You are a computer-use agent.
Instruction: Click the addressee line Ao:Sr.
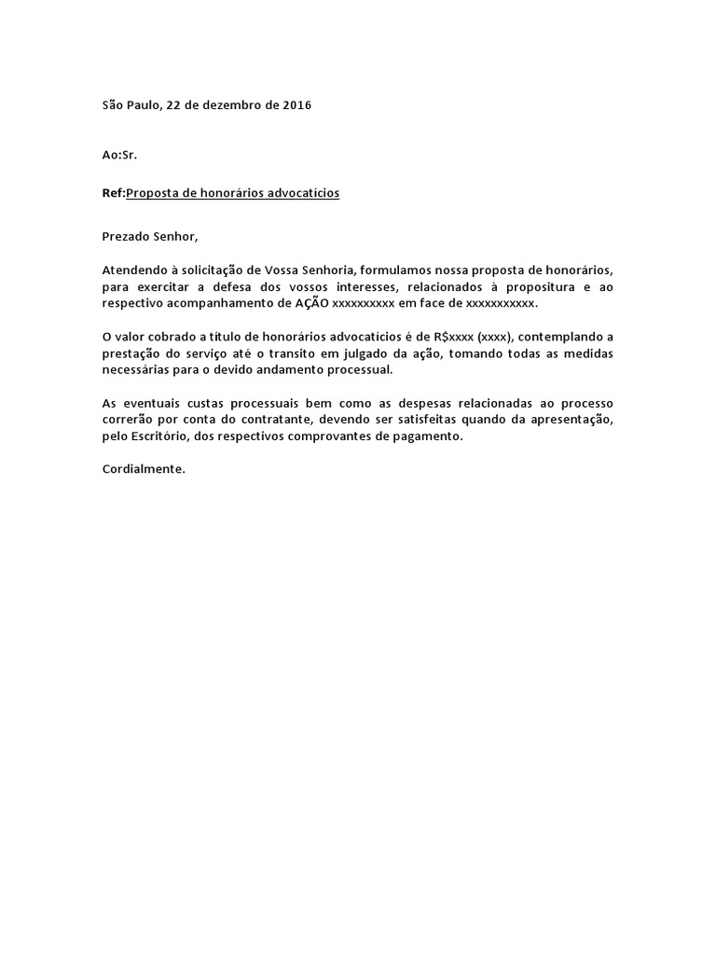[x=119, y=154]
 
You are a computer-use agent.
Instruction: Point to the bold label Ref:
[x=113, y=193]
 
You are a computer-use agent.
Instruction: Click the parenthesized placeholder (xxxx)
[x=495, y=337]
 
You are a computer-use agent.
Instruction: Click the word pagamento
[x=429, y=437]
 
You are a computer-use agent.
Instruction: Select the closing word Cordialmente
[x=144, y=469]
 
